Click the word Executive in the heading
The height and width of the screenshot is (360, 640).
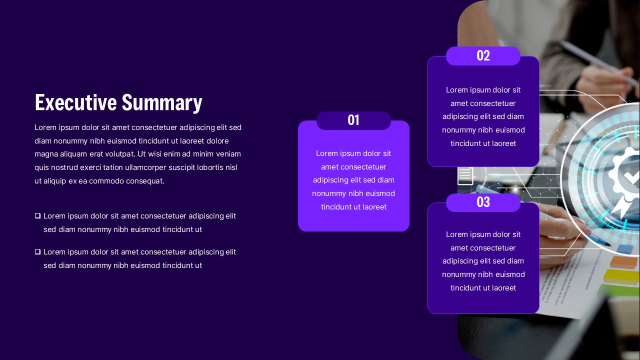point(75,102)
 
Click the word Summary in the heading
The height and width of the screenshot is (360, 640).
point(162,103)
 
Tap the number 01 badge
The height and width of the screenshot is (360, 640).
point(353,120)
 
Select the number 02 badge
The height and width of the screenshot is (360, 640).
point(483,55)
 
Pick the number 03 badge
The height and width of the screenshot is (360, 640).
point(483,202)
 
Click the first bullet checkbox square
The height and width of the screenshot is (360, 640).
point(37,215)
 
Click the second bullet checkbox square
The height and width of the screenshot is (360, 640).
point(37,251)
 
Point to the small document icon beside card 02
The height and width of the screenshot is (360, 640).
point(465,175)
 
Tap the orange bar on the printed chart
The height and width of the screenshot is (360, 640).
point(625,261)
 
